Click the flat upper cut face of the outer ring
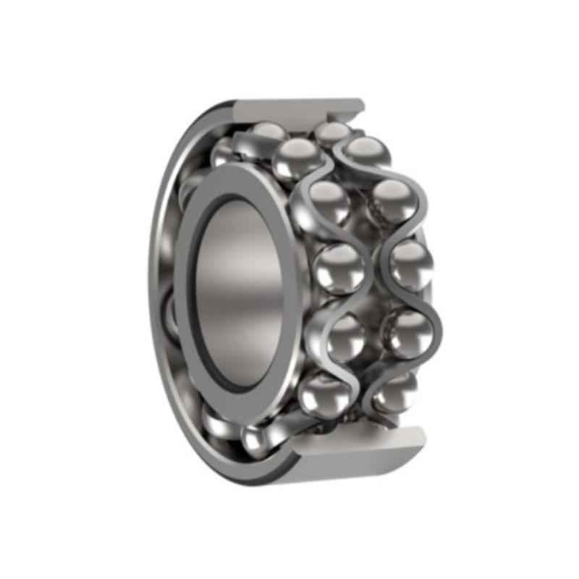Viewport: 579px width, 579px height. pos(289,111)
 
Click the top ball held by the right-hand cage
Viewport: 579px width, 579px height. pos(366,153)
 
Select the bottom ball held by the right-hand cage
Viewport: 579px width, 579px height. pos(392,392)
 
